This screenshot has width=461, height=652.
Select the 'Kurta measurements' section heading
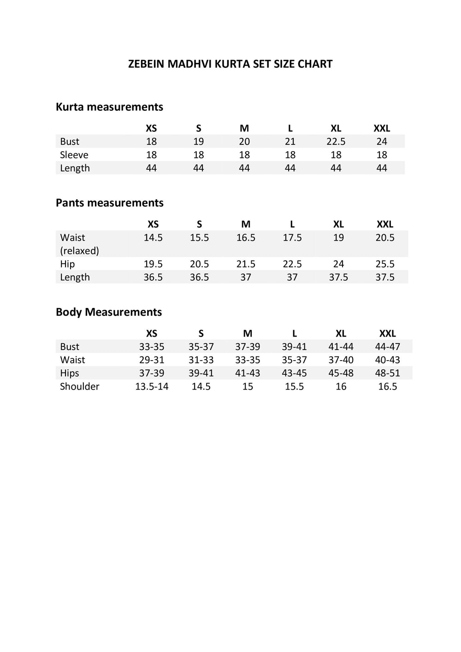(x=109, y=107)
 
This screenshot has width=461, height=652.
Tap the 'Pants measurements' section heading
(x=109, y=203)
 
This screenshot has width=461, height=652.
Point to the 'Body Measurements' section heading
(x=108, y=312)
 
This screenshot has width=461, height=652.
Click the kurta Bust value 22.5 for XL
(x=336, y=142)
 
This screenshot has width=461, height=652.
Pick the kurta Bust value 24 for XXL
(x=382, y=142)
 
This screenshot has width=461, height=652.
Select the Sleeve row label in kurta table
(x=74, y=155)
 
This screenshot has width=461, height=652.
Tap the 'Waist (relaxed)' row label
(x=79, y=244)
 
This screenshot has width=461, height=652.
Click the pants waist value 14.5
(x=153, y=237)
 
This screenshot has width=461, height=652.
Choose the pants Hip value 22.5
(x=292, y=264)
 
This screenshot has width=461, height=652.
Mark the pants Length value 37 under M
(x=246, y=277)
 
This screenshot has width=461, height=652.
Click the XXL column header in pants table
(x=385, y=225)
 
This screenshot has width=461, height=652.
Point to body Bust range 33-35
(x=152, y=347)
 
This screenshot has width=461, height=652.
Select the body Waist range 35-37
(x=294, y=360)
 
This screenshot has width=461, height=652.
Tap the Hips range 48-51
(x=387, y=373)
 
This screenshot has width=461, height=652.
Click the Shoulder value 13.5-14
(x=152, y=386)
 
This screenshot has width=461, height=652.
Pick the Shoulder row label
(x=79, y=386)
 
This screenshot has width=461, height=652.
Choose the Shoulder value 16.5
(x=387, y=386)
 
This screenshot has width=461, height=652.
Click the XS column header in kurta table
(x=151, y=129)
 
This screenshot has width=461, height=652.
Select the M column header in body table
(x=248, y=334)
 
